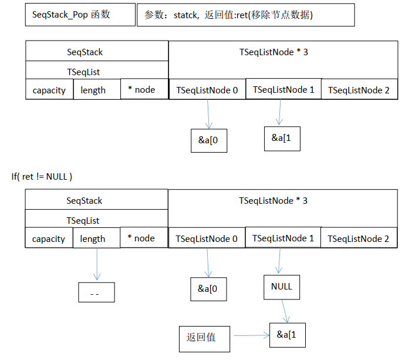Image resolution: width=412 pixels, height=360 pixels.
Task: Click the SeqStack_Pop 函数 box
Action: [x=80, y=15]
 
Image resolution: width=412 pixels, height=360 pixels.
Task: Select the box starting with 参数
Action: [x=245, y=16]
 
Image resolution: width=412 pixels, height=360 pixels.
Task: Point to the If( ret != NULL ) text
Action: [x=42, y=176]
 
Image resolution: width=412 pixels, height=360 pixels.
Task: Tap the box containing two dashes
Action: [x=96, y=292]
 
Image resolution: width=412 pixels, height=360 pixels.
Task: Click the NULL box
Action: [x=282, y=287]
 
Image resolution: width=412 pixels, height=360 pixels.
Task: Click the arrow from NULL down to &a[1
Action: [x=285, y=311]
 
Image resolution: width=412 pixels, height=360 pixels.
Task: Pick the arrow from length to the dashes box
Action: [x=96, y=265]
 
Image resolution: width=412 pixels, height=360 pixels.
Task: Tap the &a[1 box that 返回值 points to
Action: [x=287, y=335]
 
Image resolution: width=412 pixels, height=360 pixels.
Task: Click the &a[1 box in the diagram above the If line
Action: [x=282, y=138]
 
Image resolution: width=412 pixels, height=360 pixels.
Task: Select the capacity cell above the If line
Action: [x=49, y=90]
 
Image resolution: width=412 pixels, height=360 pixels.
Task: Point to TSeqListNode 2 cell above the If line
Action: [x=359, y=90]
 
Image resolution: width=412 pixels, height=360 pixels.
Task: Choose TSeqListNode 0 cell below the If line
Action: [x=207, y=238]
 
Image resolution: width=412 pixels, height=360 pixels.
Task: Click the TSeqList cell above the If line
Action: [x=85, y=70]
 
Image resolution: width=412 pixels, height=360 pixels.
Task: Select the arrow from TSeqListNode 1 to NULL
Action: [x=281, y=262]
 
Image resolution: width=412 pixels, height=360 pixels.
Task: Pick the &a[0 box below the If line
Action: [x=208, y=288]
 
